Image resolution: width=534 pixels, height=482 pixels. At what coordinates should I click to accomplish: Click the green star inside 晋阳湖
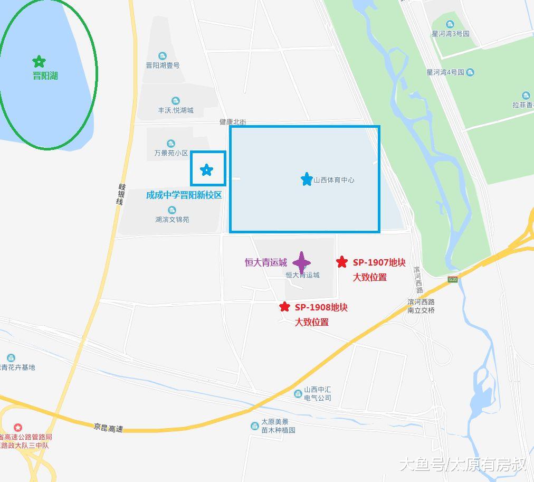[x=39, y=62]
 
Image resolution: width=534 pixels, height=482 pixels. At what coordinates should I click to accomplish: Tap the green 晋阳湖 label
[x=45, y=75]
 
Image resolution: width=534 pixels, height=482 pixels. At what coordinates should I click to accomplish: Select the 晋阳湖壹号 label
[x=163, y=65]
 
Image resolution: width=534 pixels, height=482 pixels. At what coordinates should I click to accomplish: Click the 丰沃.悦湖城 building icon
[x=175, y=101]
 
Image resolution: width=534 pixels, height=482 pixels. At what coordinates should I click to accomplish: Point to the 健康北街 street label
[x=233, y=122]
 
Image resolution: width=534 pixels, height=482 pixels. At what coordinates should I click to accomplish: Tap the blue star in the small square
[x=206, y=170]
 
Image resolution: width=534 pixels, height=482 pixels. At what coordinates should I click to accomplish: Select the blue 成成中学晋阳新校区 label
[x=184, y=195]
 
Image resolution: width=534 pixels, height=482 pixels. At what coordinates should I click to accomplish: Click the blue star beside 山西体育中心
[x=307, y=179]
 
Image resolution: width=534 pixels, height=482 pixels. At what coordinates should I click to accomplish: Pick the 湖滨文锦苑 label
[x=172, y=220]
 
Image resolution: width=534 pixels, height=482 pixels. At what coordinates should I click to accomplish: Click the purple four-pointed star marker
[x=301, y=262]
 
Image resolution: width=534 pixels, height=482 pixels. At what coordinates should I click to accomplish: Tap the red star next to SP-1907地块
[x=342, y=262]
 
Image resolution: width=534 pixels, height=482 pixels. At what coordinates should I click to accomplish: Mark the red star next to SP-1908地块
[x=284, y=307]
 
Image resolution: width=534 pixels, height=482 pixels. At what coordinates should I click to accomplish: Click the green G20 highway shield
[x=452, y=279]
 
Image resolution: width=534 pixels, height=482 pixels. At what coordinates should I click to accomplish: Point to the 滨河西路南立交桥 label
[x=421, y=306]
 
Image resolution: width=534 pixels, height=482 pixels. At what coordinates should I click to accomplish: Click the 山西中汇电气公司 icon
[x=298, y=393]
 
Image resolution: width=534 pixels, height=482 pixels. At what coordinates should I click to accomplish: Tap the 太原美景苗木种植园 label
[x=278, y=426]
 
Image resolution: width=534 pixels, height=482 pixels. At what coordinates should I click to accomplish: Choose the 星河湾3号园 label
[x=450, y=33]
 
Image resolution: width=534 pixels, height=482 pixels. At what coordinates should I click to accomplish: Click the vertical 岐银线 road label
[x=121, y=194]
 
